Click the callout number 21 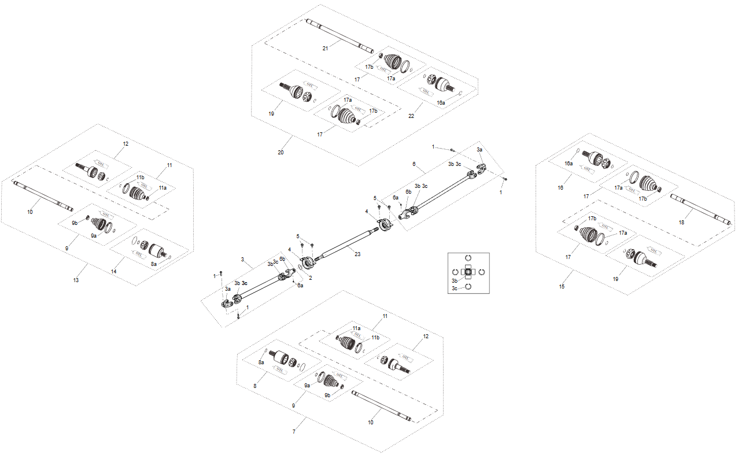[326, 49]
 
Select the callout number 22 [411, 116]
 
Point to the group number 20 [281, 153]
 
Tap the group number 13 [76, 280]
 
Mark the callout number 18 [681, 222]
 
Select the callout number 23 [357, 254]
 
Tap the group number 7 [294, 432]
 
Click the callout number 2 [311, 278]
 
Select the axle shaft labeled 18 [700, 210]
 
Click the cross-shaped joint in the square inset [468, 272]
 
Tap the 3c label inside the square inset [454, 287]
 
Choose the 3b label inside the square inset [454, 280]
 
